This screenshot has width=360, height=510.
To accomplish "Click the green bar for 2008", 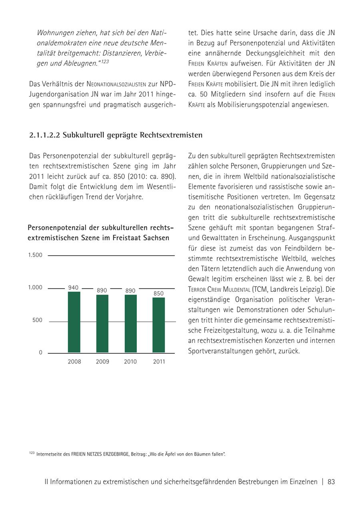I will pos(74,322).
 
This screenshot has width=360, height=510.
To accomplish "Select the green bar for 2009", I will pos(102,324).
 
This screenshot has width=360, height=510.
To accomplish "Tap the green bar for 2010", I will pos(130,324).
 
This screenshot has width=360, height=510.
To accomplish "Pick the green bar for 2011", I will pos(158,325).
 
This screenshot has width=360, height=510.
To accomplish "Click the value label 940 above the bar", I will pos(73,287).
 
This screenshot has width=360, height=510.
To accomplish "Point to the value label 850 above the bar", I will pos(158,293).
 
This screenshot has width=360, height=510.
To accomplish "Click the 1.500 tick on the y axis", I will pos(35,255).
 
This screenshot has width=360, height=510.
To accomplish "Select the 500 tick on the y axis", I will pos(37,320).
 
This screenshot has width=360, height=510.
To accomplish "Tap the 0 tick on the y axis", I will pos(40,353).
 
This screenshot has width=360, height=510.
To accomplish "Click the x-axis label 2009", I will pos(102,362).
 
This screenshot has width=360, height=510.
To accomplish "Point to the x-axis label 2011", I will pos(159,362).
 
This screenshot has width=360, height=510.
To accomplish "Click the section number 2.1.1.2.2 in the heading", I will pos(45,135).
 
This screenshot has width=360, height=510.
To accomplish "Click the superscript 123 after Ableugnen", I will pos(104,62).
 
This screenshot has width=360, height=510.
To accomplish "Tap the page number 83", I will pos(331,482).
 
